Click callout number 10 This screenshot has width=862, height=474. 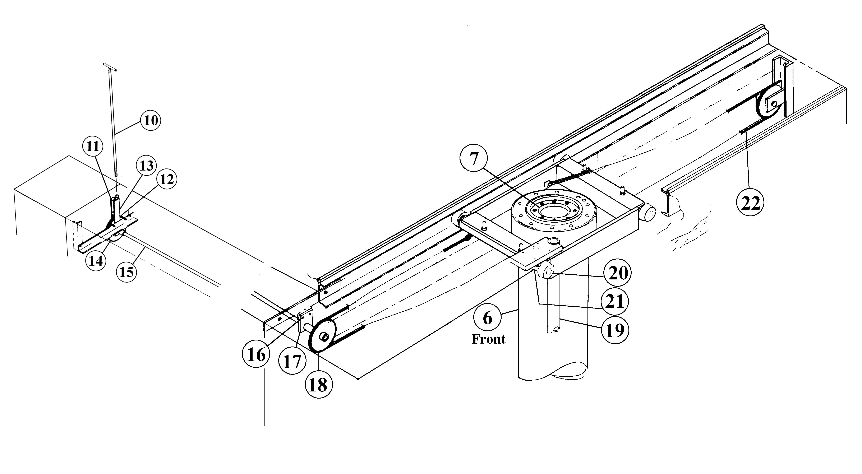[x=151, y=120]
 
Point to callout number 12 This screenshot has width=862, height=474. [x=167, y=180]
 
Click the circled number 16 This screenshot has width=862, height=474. [x=256, y=355]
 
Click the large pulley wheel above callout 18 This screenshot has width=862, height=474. [x=322, y=336]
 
